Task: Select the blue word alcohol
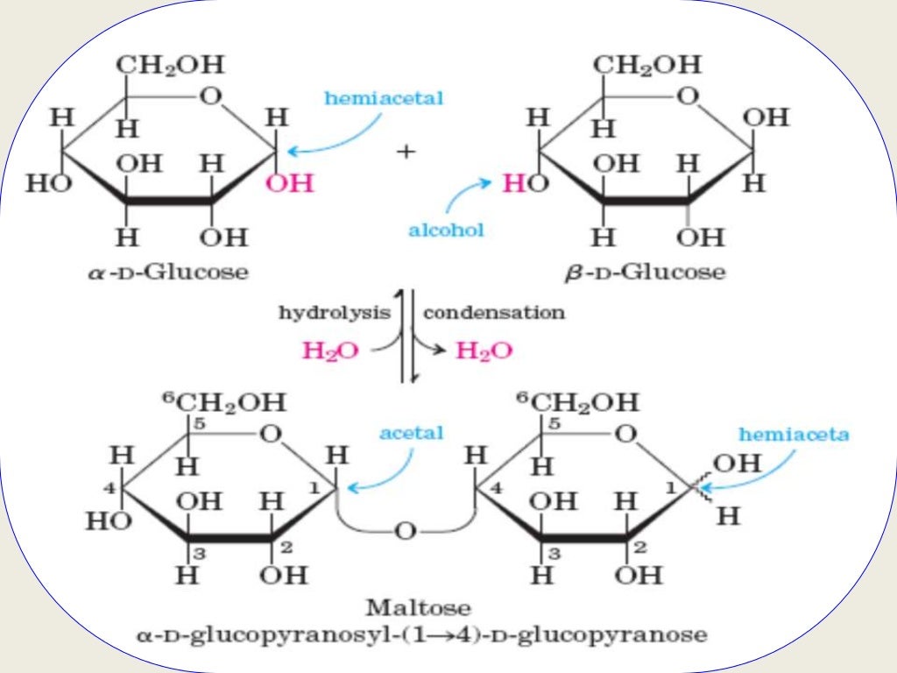(x=446, y=230)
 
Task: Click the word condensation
(x=494, y=312)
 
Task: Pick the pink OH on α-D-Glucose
(x=289, y=185)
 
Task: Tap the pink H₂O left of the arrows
(x=330, y=351)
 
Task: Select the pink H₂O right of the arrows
(x=484, y=351)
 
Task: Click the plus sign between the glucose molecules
(x=405, y=152)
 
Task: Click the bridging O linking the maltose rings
(x=404, y=532)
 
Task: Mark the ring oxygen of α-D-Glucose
(x=210, y=96)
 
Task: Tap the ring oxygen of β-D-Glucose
(x=689, y=96)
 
